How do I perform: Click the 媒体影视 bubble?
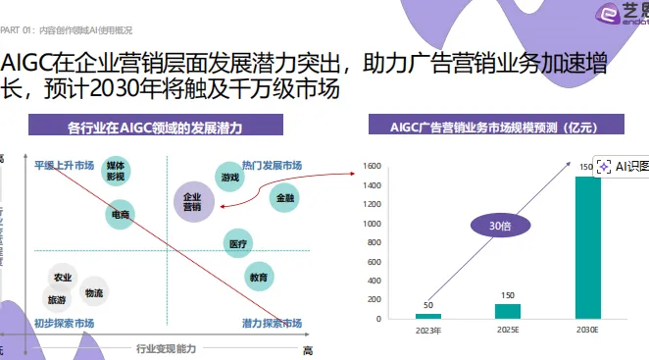pos(115,173)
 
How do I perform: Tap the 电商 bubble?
pos(119,214)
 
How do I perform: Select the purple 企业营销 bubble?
pos(192,202)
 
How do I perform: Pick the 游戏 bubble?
pos(229,178)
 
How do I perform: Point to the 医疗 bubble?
pos(238,242)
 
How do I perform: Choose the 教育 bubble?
pos(258,278)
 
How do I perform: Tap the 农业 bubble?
pos(63,278)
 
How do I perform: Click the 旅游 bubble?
pos(57,299)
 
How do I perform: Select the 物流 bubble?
pos(93,292)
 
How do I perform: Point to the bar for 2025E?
pos(508,311)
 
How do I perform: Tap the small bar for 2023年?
pos(428,316)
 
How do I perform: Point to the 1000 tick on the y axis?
pos(374,223)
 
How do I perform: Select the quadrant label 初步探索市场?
pos(64,324)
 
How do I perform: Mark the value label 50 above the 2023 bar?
pos(428,305)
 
